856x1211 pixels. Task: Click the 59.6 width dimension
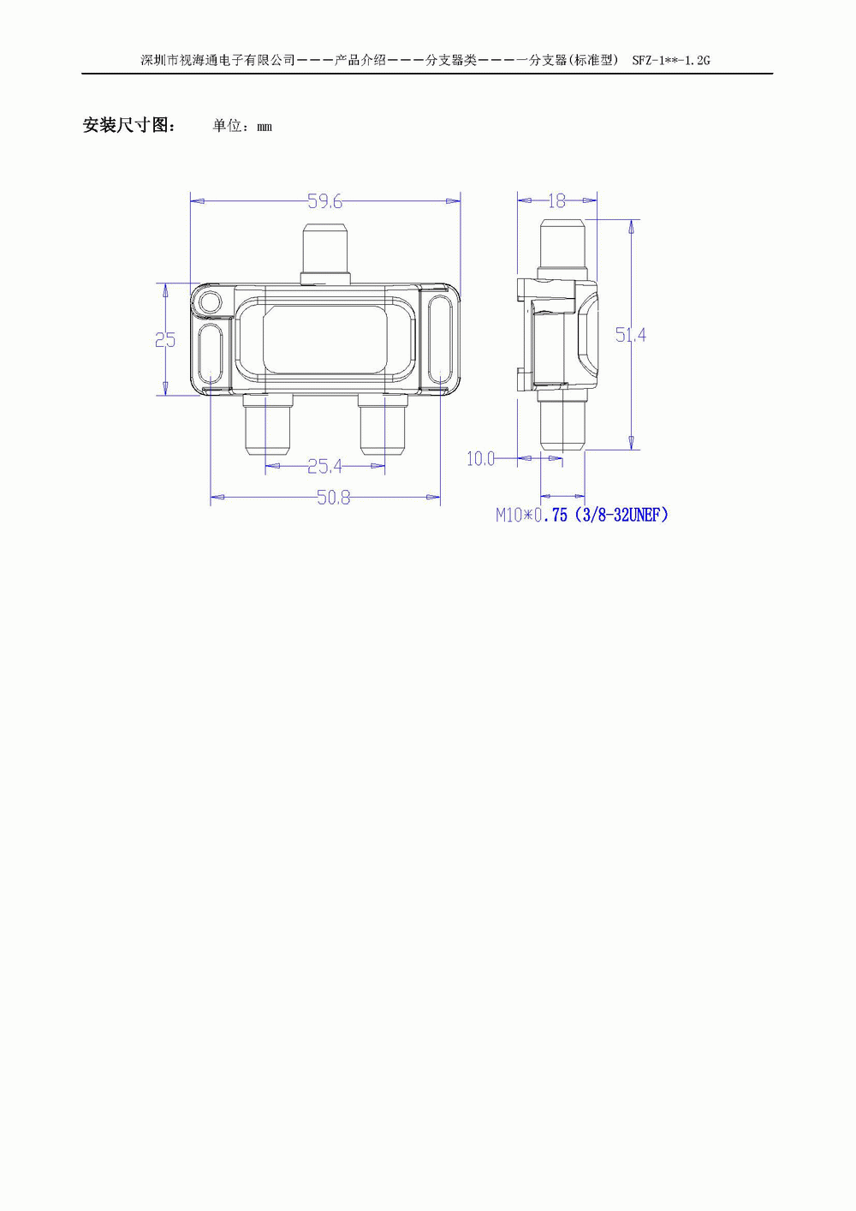(x=324, y=201)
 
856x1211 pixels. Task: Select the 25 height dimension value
(x=165, y=339)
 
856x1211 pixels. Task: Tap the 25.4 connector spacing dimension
(x=324, y=466)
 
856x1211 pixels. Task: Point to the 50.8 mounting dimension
(x=334, y=498)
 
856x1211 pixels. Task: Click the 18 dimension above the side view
(x=556, y=201)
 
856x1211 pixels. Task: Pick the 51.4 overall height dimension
(x=631, y=335)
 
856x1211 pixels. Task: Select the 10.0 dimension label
(x=480, y=459)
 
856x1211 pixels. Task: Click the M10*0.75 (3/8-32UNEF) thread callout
(x=582, y=515)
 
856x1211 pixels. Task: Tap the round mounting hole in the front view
(x=210, y=301)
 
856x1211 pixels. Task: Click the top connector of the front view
(x=324, y=254)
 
